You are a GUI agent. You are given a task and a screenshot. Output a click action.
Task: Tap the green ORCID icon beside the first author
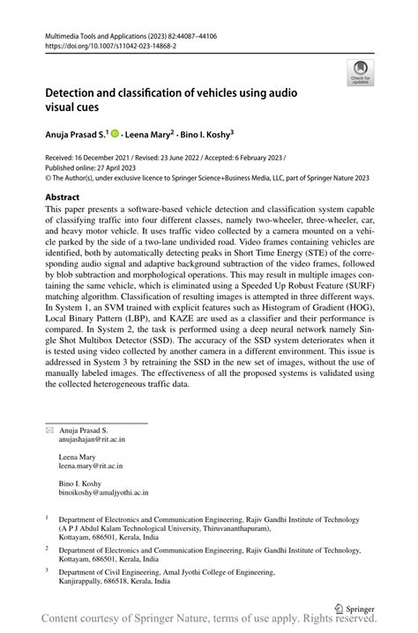pyautogui.click(x=116, y=134)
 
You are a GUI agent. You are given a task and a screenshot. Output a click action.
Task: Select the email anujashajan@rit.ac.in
pyautogui.click(x=92, y=438)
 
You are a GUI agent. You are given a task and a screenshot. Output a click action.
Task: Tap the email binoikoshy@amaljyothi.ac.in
pyautogui.click(x=103, y=494)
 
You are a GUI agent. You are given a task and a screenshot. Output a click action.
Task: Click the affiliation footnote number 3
pyautogui.click(x=48, y=570)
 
